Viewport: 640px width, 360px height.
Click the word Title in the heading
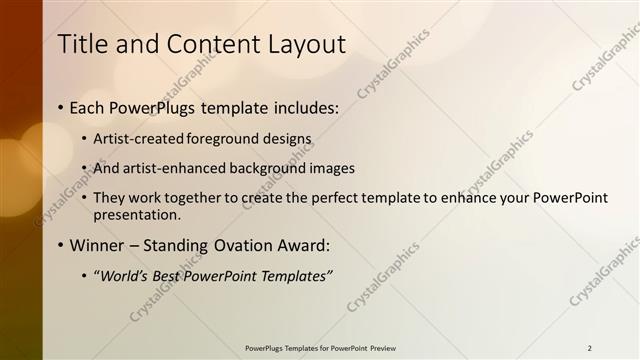[81, 44]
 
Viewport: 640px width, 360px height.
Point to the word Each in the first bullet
[88, 106]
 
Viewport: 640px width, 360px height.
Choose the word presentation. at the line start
[137, 214]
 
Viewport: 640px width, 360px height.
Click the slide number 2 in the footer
[590, 348]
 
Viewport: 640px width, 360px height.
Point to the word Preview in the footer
[381, 348]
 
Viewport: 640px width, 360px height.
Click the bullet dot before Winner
[61, 245]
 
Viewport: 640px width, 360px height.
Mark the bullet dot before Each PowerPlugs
[61, 106]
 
